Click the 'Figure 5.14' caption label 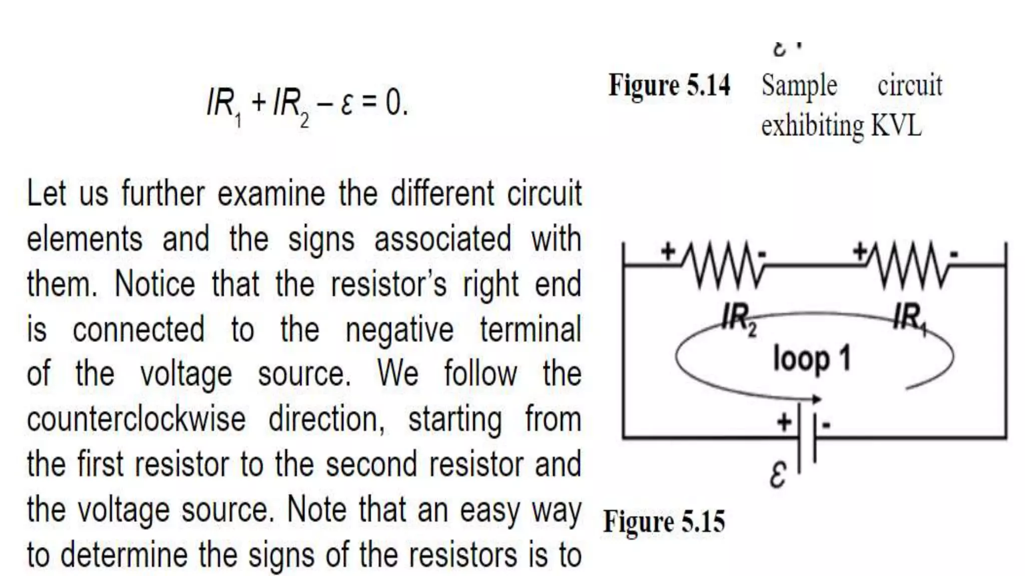tap(669, 85)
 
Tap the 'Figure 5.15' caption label tap(664, 521)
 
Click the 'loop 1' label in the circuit tap(812, 358)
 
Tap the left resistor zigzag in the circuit tap(722, 265)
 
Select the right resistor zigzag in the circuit tap(908, 265)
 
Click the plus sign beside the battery tap(784, 422)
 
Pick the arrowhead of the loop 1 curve tap(816, 399)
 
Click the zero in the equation tap(393, 103)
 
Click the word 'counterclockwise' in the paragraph tap(136, 419)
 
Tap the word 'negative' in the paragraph tap(399, 329)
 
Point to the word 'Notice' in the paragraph tap(155, 284)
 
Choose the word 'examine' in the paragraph tap(271, 193)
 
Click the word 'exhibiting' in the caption tap(812, 126)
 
